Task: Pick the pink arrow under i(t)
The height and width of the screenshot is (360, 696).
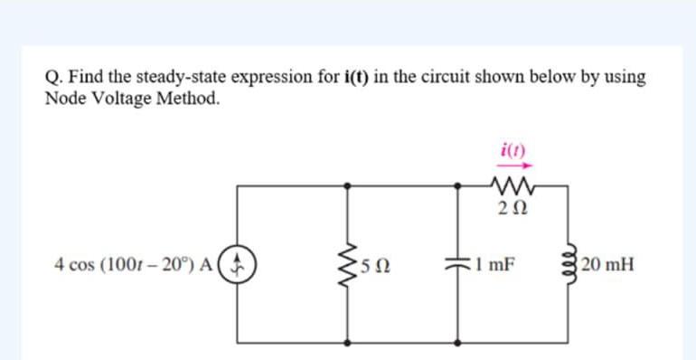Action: [508, 166]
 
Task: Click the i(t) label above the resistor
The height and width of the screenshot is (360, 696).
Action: [508, 150]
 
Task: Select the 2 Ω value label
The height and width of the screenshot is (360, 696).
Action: [507, 210]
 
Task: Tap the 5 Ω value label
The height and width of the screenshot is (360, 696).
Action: [374, 267]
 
